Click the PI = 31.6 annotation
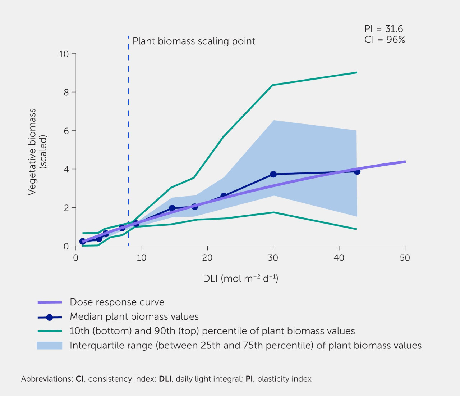point(384,29)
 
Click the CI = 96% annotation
point(385,40)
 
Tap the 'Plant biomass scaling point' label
point(194,41)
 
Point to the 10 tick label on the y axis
point(64,54)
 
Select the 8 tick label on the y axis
point(66,92)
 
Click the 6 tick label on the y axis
point(66,131)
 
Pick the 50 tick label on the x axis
point(405,258)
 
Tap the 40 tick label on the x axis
point(339,258)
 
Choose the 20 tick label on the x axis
point(207,258)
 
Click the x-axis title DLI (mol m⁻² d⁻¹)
point(240,279)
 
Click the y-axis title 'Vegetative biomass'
point(32,152)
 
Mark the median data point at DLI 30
point(273,174)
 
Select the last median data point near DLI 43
point(357,171)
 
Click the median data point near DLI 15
point(172,208)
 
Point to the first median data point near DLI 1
point(82,241)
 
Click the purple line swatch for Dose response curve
point(50,302)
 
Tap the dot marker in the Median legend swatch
point(49,317)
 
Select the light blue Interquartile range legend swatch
point(49,345)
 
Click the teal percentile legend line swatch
point(50,331)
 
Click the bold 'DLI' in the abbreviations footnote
point(165,379)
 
